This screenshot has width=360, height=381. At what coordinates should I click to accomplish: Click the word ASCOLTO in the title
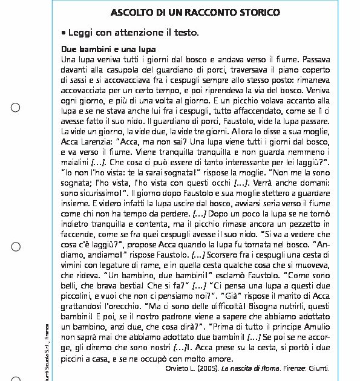click(x=132, y=13)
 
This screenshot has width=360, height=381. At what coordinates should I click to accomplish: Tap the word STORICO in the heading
click(x=259, y=13)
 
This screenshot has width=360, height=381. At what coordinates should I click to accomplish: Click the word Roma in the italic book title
click(x=269, y=368)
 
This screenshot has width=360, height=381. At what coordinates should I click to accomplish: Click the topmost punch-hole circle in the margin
click(x=16, y=108)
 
